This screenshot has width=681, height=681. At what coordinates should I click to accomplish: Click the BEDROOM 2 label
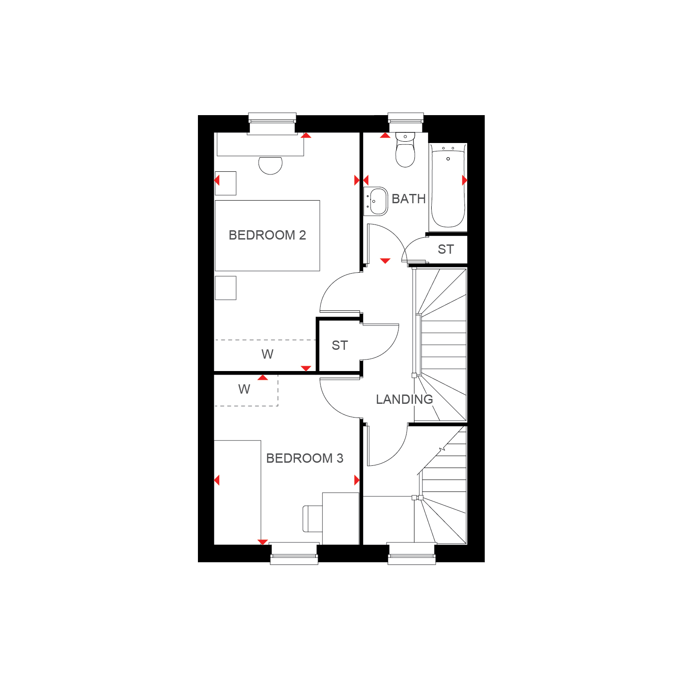(267, 235)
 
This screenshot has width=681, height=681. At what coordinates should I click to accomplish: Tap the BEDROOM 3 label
(305, 458)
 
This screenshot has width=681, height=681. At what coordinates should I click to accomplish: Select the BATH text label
(409, 199)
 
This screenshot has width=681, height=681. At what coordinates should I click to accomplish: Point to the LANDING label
(404, 399)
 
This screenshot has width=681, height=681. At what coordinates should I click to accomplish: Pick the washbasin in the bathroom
(375, 201)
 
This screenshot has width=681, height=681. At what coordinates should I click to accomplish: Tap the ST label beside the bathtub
(446, 250)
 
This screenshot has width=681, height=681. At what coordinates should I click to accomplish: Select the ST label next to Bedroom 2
(340, 345)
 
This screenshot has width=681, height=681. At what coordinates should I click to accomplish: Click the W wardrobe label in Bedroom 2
(267, 354)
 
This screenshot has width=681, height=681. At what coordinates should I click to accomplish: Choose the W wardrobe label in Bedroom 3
(244, 389)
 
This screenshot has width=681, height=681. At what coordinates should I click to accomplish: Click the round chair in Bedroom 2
(271, 165)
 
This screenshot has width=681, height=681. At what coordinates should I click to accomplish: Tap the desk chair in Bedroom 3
(313, 518)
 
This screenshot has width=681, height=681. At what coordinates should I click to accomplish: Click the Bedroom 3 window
(294, 553)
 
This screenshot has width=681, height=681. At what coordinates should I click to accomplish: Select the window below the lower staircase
(412, 553)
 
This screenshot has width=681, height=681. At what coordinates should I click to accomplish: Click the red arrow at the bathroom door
(385, 261)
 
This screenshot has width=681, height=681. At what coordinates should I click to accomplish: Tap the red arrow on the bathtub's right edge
(464, 180)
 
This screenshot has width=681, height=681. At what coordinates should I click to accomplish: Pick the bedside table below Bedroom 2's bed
(226, 288)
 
